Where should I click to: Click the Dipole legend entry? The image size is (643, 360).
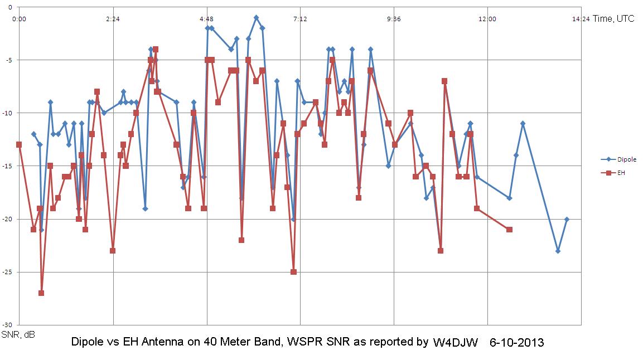[x=616, y=159]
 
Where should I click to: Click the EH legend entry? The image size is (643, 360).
[x=613, y=173]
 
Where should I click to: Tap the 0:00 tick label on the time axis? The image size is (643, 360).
[x=18, y=18]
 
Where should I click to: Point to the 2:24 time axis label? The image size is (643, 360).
[x=113, y=18]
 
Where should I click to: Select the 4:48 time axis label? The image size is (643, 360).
[x=206, y=18]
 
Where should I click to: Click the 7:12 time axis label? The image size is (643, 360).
[x=300, y=18]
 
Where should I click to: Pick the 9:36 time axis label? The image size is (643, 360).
[x=394, y=18]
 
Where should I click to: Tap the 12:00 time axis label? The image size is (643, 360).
[x=487, y=18]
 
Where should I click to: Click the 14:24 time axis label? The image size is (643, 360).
[x=581, y=18]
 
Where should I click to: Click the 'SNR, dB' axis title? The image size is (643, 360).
[x=18, y=335]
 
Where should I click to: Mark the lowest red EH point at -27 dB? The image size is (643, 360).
[x=41, y=293]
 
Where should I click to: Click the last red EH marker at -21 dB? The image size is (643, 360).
[x=509, y=230]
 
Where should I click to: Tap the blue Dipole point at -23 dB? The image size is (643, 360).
[x=558, y=251]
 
